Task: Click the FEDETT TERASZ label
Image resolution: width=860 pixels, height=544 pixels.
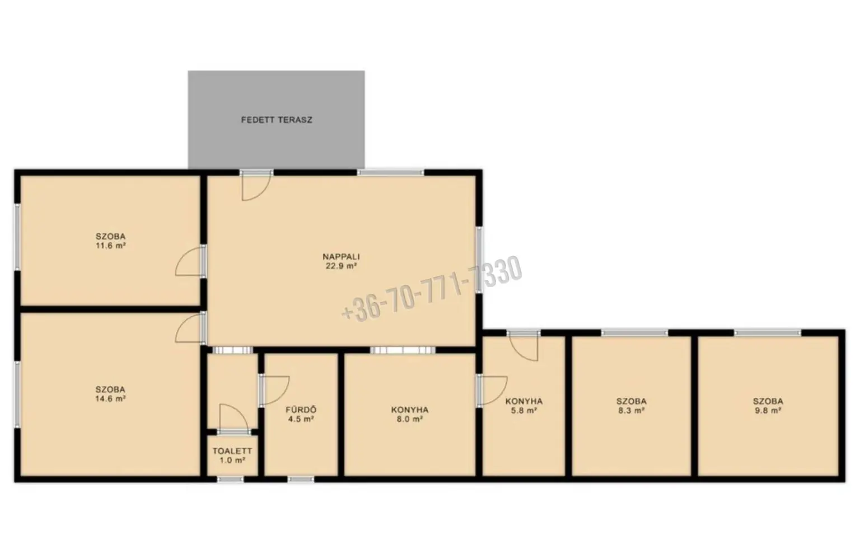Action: [x=277, y=120]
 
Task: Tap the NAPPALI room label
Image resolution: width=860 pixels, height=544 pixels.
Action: [x=341, y=257]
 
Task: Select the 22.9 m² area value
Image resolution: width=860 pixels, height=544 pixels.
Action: [x=341, y=266]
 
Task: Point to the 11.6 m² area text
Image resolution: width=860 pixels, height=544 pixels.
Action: [x=110, y=246]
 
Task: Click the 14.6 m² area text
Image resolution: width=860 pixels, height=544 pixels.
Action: [x=110, y=398]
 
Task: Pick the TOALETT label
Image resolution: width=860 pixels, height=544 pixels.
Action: [x=232, y=451]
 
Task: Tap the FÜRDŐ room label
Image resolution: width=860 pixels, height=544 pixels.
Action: [x=301, y=410]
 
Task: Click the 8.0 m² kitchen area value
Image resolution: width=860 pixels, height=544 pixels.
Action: [x=410, y=419]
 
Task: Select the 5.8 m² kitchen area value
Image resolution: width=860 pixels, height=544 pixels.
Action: [x=524, y=411]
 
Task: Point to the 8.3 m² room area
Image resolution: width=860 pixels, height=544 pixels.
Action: [x=631, y=411]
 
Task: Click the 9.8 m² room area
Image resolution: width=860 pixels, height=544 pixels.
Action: [x=768, y=411]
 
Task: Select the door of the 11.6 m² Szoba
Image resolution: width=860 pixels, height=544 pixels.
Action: [x=189, y=261]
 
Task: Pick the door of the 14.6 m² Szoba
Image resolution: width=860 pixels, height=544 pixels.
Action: [x=189, y=327]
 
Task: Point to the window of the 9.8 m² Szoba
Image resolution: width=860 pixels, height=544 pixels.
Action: [x=768, y=332]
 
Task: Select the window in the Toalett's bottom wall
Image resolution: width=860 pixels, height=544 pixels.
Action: [x=230, y=479]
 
